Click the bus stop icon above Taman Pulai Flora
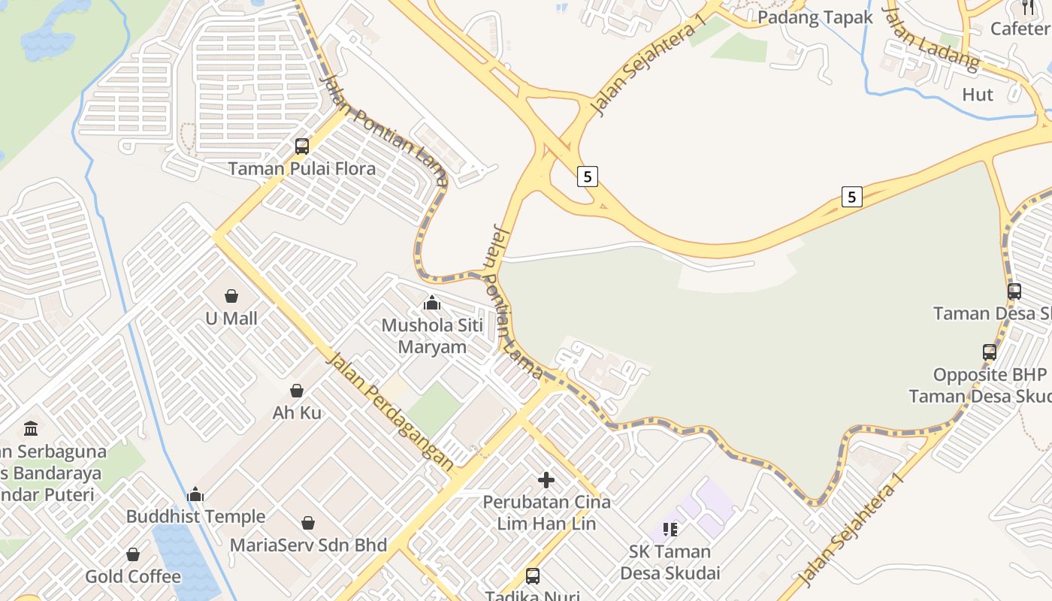click(x=302, y=146)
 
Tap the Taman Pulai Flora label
click(x=301, y=169)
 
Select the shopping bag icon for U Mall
click(x=231, y=296)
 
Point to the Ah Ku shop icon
click(x=297, y=391)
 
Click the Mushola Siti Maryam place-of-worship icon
click(x=432, y=304)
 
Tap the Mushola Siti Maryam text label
click(x=432, y=336)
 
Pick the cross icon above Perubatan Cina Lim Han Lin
click(x=546, y=479)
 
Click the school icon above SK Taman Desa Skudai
click(x=670, y=530)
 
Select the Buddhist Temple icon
click(x=195, y=494)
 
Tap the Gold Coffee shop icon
click(x=133, y=554)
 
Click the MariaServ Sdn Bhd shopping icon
click(x=308, y=523)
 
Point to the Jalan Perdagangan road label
click(x=390, y=412)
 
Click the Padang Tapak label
click(x=815, y=17)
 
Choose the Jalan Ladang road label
click(x=931, y=39)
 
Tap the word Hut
click(x=978, y=95)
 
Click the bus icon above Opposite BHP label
click(x=990, y=352)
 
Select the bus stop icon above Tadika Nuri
click(x=533, y=576)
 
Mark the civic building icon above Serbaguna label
click(x=31, y=428)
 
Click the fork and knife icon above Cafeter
click(x=1028, y=8)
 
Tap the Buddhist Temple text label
click(x=195, y=517)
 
